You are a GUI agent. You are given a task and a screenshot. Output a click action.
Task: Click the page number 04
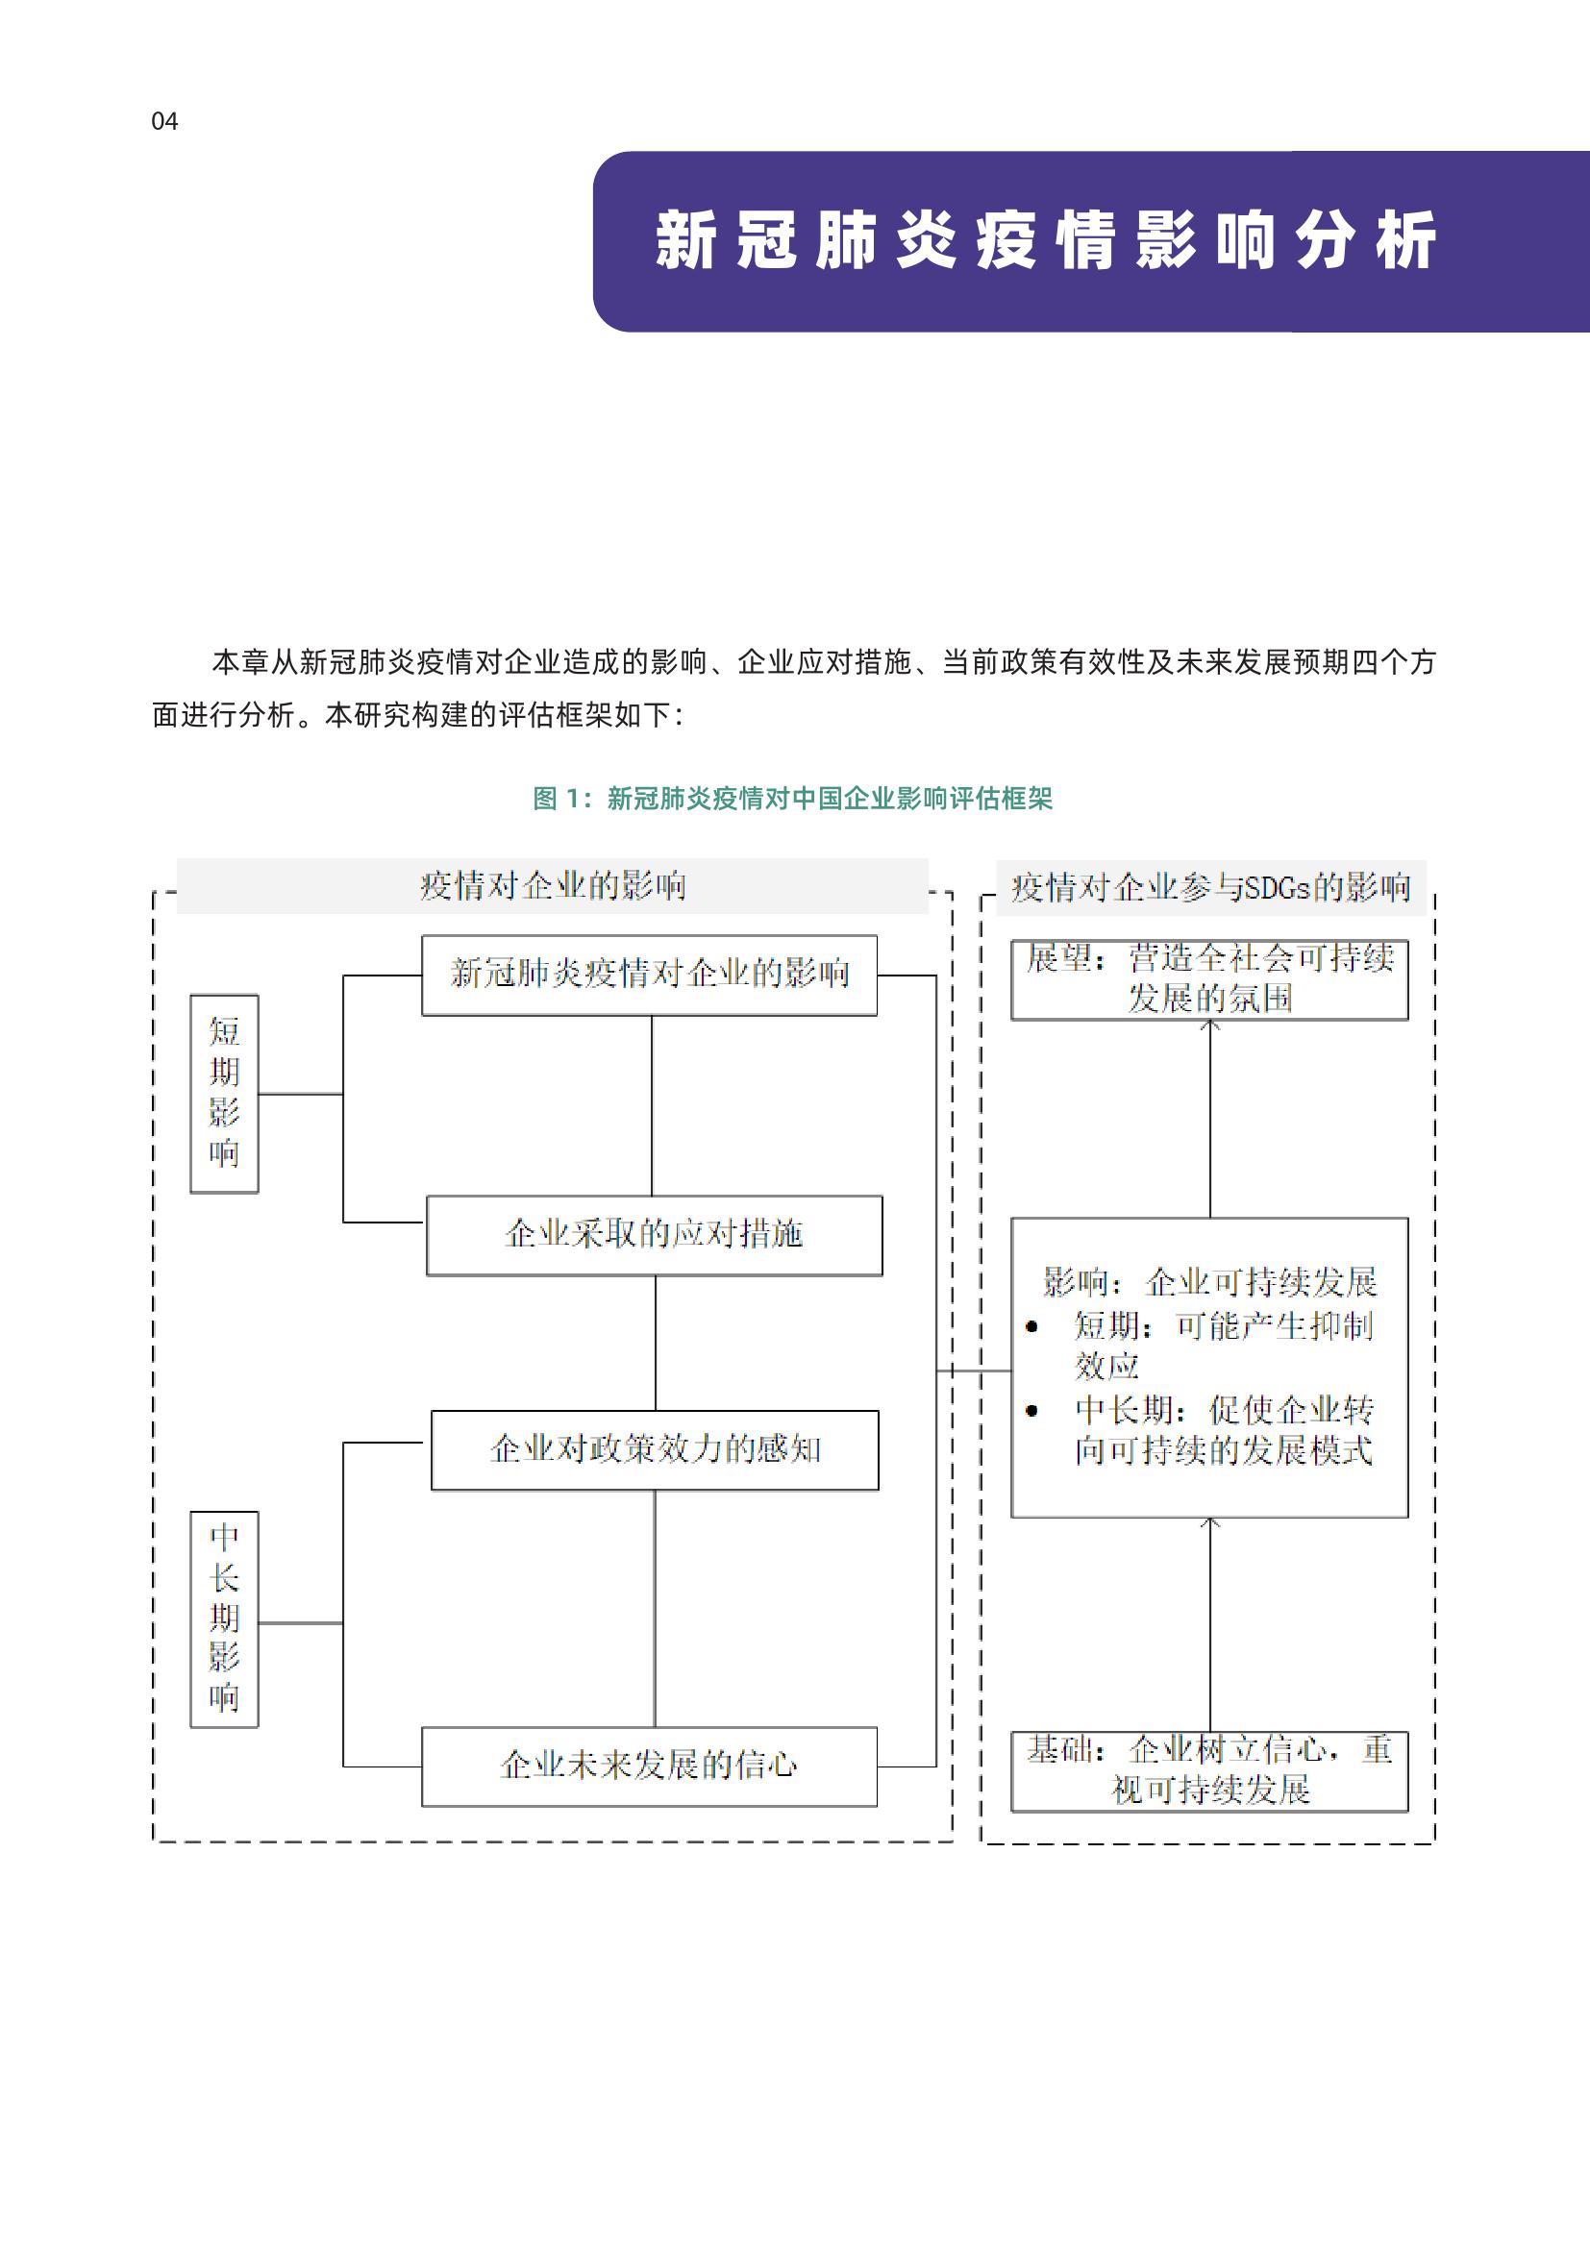[x=164, y=121]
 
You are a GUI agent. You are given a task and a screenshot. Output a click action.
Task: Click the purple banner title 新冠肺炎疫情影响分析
[x=1045, y=241]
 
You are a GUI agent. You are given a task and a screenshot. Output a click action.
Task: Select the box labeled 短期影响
[x=224, y=1094]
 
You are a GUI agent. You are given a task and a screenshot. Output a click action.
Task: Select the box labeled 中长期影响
[x=224, y=1618]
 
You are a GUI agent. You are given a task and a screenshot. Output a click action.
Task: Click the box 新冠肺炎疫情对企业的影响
[x=649, y=976]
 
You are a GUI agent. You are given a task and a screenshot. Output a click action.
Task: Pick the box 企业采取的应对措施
[x=654, y=1235]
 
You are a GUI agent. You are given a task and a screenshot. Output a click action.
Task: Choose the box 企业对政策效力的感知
[x=654, y=1450]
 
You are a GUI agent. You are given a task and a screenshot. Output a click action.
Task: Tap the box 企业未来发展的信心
[x=649, y=1766]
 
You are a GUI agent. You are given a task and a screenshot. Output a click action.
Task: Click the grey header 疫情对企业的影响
[x=552, y=886]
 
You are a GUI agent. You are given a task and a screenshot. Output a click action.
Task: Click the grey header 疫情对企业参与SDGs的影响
[x=1210, y=887]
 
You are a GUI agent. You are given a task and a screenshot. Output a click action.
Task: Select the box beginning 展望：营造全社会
[x=1209, y=979]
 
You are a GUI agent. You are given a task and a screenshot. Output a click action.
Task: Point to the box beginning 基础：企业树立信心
[x=1209, y=1770]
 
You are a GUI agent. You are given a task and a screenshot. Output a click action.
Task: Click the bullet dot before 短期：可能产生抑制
[x=1031, y=1327]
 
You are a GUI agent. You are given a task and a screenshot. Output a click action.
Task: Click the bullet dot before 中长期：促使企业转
[x=1031, y=1411]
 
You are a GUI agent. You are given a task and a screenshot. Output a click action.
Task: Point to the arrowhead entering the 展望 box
[x=1210, y=1025]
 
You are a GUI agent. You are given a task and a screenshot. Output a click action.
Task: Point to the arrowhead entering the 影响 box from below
[x=1210, y=1522]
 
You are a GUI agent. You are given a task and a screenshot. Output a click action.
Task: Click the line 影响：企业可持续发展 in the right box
[x=1209, y=1282]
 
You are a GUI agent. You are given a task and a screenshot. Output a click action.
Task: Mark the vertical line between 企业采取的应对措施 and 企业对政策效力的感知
[x=655, y=1343]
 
